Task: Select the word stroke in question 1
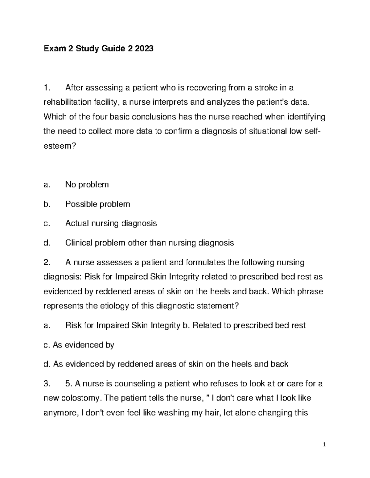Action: tap(265, 88)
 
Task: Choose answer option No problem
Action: tap(87, 185)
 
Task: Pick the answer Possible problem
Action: tap(97, 204)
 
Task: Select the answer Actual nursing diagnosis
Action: tap(111, 223)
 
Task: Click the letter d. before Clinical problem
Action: tap(47, 243)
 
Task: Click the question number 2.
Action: tap(47, 263)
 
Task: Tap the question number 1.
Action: tap(46, 88)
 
